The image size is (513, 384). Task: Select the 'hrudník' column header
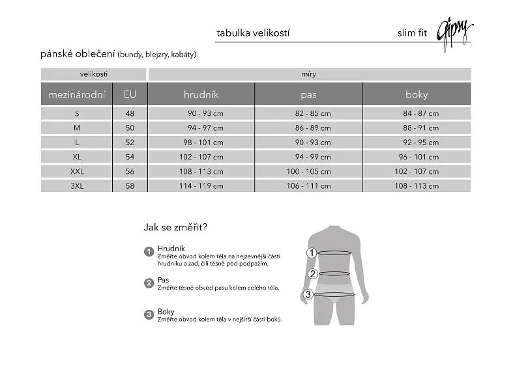point(201,94)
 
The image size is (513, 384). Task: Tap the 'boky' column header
point(417,94)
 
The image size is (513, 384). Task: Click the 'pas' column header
point(308,94)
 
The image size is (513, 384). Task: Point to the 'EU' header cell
point(130,94)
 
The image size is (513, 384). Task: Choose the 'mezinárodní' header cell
point(76,94)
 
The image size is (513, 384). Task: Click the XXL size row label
point(77,171)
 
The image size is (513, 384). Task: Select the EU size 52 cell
point(130,143)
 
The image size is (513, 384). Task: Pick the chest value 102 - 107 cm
point(201,157)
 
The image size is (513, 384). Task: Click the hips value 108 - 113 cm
point(417,186)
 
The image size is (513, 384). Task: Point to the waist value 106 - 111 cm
point(308,186)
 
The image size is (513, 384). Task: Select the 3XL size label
point(77,186)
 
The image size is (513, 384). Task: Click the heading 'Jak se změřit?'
point(175,227)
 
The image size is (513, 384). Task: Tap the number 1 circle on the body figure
point(312,253)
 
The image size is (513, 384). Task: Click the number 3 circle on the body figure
point(308,294)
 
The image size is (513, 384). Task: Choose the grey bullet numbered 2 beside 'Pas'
point(149,283)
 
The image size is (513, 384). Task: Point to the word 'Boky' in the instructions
point(166,312)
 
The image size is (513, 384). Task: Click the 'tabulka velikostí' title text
point(253,33)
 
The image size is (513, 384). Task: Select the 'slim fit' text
point(413,33)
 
